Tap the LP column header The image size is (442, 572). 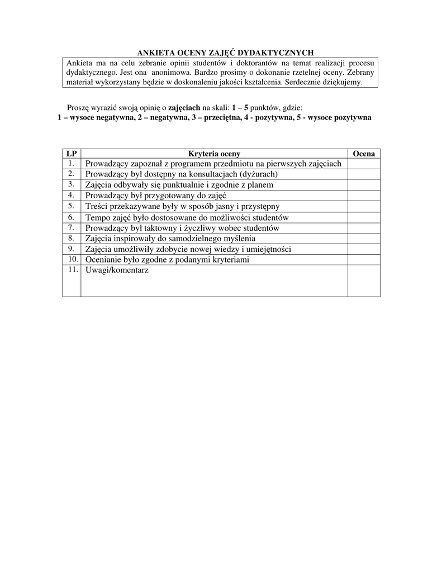click(x=72, y=154)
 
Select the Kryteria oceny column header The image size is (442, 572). click(x=214, y=154)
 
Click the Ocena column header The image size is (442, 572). click(x=364, y=154)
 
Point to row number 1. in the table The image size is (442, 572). click(x=72, y=163)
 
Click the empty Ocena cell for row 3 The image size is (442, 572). click(x=364, y=184)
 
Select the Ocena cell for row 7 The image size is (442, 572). click(x=364, y=228)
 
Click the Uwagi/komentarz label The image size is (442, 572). click(x=117, y=270)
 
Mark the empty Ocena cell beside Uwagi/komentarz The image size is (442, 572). click(x=364, y=280)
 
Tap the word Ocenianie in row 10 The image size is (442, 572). click(x=103, y=260)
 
